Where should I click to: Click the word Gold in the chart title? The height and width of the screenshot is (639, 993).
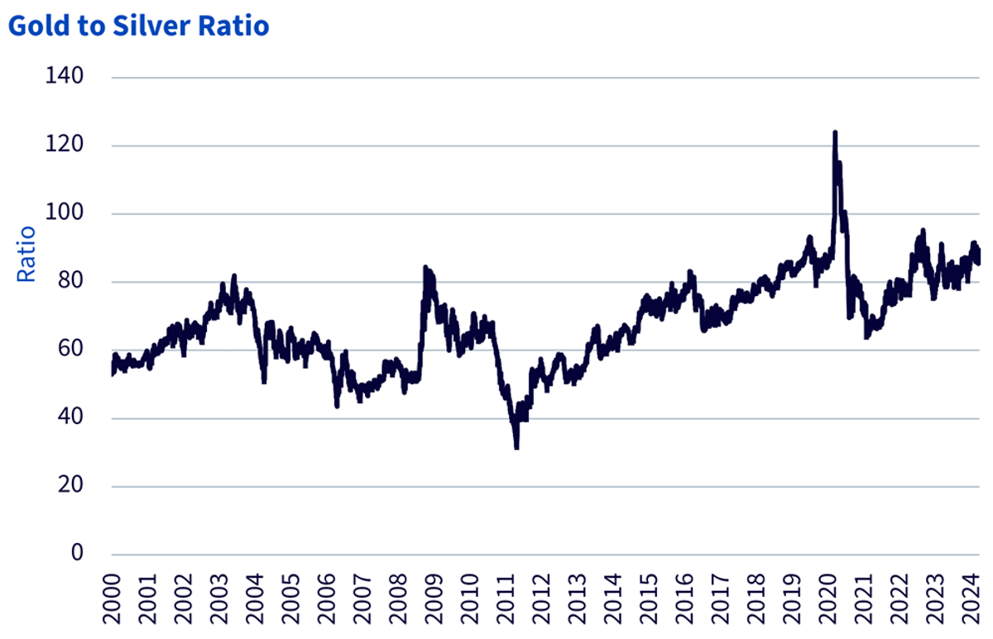39,26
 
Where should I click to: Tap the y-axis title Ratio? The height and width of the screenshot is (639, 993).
26,254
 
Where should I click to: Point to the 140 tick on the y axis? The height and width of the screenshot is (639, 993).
65,76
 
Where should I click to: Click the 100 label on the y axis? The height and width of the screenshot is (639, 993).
65,212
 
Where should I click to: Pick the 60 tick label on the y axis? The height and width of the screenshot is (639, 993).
70,349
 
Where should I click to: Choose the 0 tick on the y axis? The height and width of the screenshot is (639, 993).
77,553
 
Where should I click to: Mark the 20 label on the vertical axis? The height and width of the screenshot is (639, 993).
70,484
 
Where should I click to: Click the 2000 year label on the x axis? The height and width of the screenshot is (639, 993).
112,599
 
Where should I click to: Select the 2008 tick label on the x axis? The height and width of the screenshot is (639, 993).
398,599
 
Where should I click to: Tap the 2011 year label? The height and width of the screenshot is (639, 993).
506,599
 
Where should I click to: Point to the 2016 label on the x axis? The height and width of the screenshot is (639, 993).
685,599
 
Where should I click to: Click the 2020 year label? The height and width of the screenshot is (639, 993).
828,599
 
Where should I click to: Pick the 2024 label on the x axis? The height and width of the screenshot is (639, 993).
971,599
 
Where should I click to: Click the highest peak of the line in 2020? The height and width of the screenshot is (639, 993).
835,132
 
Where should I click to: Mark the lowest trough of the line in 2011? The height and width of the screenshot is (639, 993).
516,448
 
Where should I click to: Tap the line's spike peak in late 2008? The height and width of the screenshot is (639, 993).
425,268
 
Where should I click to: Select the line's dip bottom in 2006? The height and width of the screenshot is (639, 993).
338,406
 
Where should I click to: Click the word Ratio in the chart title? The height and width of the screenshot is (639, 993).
233,26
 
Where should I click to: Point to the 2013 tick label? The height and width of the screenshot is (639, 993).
578,599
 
